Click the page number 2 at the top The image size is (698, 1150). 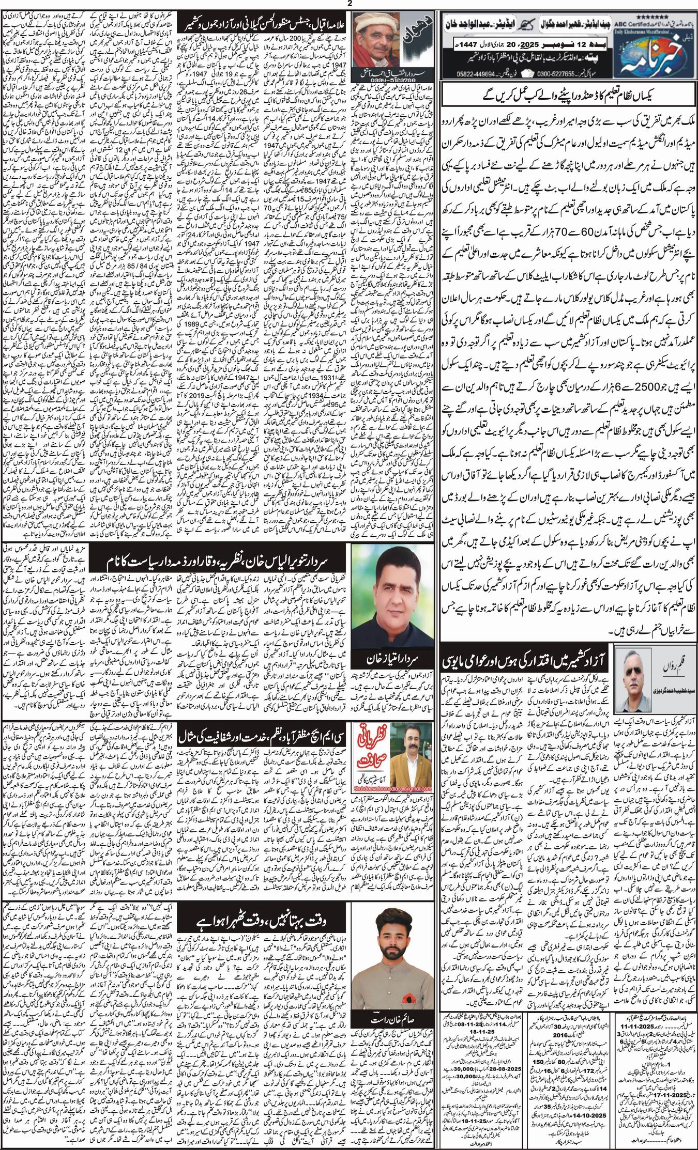point(349,4)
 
